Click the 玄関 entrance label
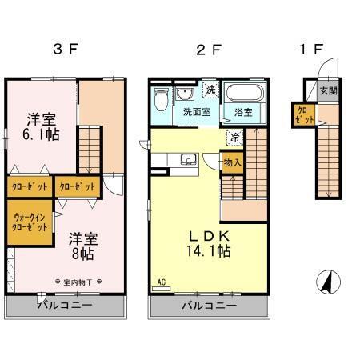pyautogui.click(x=329, y=91)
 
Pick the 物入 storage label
pyautogui.click(x=231, y=163)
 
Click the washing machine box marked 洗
pyautogui.click(x=210, y=89)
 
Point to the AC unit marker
pyautogui.click(x=162, y=282)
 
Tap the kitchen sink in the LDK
pyautogui.click(x=188, y=158)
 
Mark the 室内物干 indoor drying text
pyautogui.click(x=82, y=282)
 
